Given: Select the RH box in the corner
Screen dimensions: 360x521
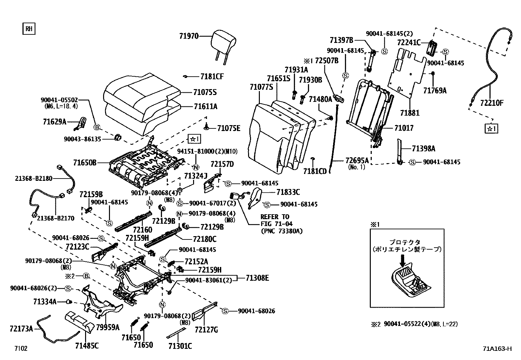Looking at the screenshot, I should (x=29, y=29).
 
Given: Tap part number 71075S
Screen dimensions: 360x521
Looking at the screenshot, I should (x=205, y=92).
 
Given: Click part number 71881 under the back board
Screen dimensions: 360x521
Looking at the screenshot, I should (x=409, y=113).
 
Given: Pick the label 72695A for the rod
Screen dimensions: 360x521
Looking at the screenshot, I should (x=357, y=160).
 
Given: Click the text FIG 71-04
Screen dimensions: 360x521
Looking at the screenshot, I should (x=277, y=224).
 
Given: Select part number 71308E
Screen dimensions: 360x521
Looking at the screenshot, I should (x=257, y=278).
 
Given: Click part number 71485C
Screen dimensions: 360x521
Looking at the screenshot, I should (x=87, y=346).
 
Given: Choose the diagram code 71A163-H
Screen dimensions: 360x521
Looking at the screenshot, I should (x=496, y=349).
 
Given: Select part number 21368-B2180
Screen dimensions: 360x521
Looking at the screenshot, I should (x=34, y=179).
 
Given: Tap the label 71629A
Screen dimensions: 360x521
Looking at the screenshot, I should (x=54, y=122).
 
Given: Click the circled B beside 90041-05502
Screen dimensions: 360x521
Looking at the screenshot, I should (x=97, y=127).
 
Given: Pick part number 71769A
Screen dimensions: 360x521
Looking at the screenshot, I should (x=434, y=91).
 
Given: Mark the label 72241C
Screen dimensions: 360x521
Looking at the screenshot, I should (x=408, y=43).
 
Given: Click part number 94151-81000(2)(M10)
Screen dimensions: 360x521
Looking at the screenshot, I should (x=207, y=151).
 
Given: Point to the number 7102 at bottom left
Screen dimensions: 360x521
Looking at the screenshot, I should (x=21, y=349).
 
